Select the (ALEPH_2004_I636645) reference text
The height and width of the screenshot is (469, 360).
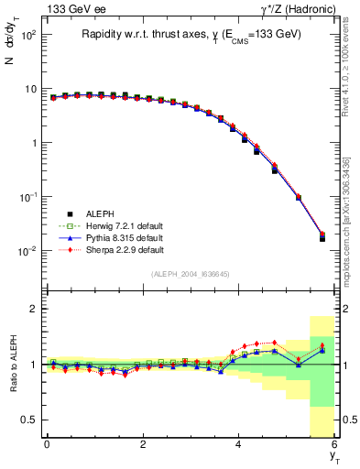click(x=190, y=274)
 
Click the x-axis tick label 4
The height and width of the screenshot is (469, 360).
click(x=239, y=444)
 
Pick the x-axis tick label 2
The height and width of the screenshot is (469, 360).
click(x=143, y=444)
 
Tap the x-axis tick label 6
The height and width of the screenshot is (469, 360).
click(x=335, y=444)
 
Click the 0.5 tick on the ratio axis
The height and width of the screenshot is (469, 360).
click(x=27, y=420)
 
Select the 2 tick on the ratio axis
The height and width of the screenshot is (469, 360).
click(x=32, y=310)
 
